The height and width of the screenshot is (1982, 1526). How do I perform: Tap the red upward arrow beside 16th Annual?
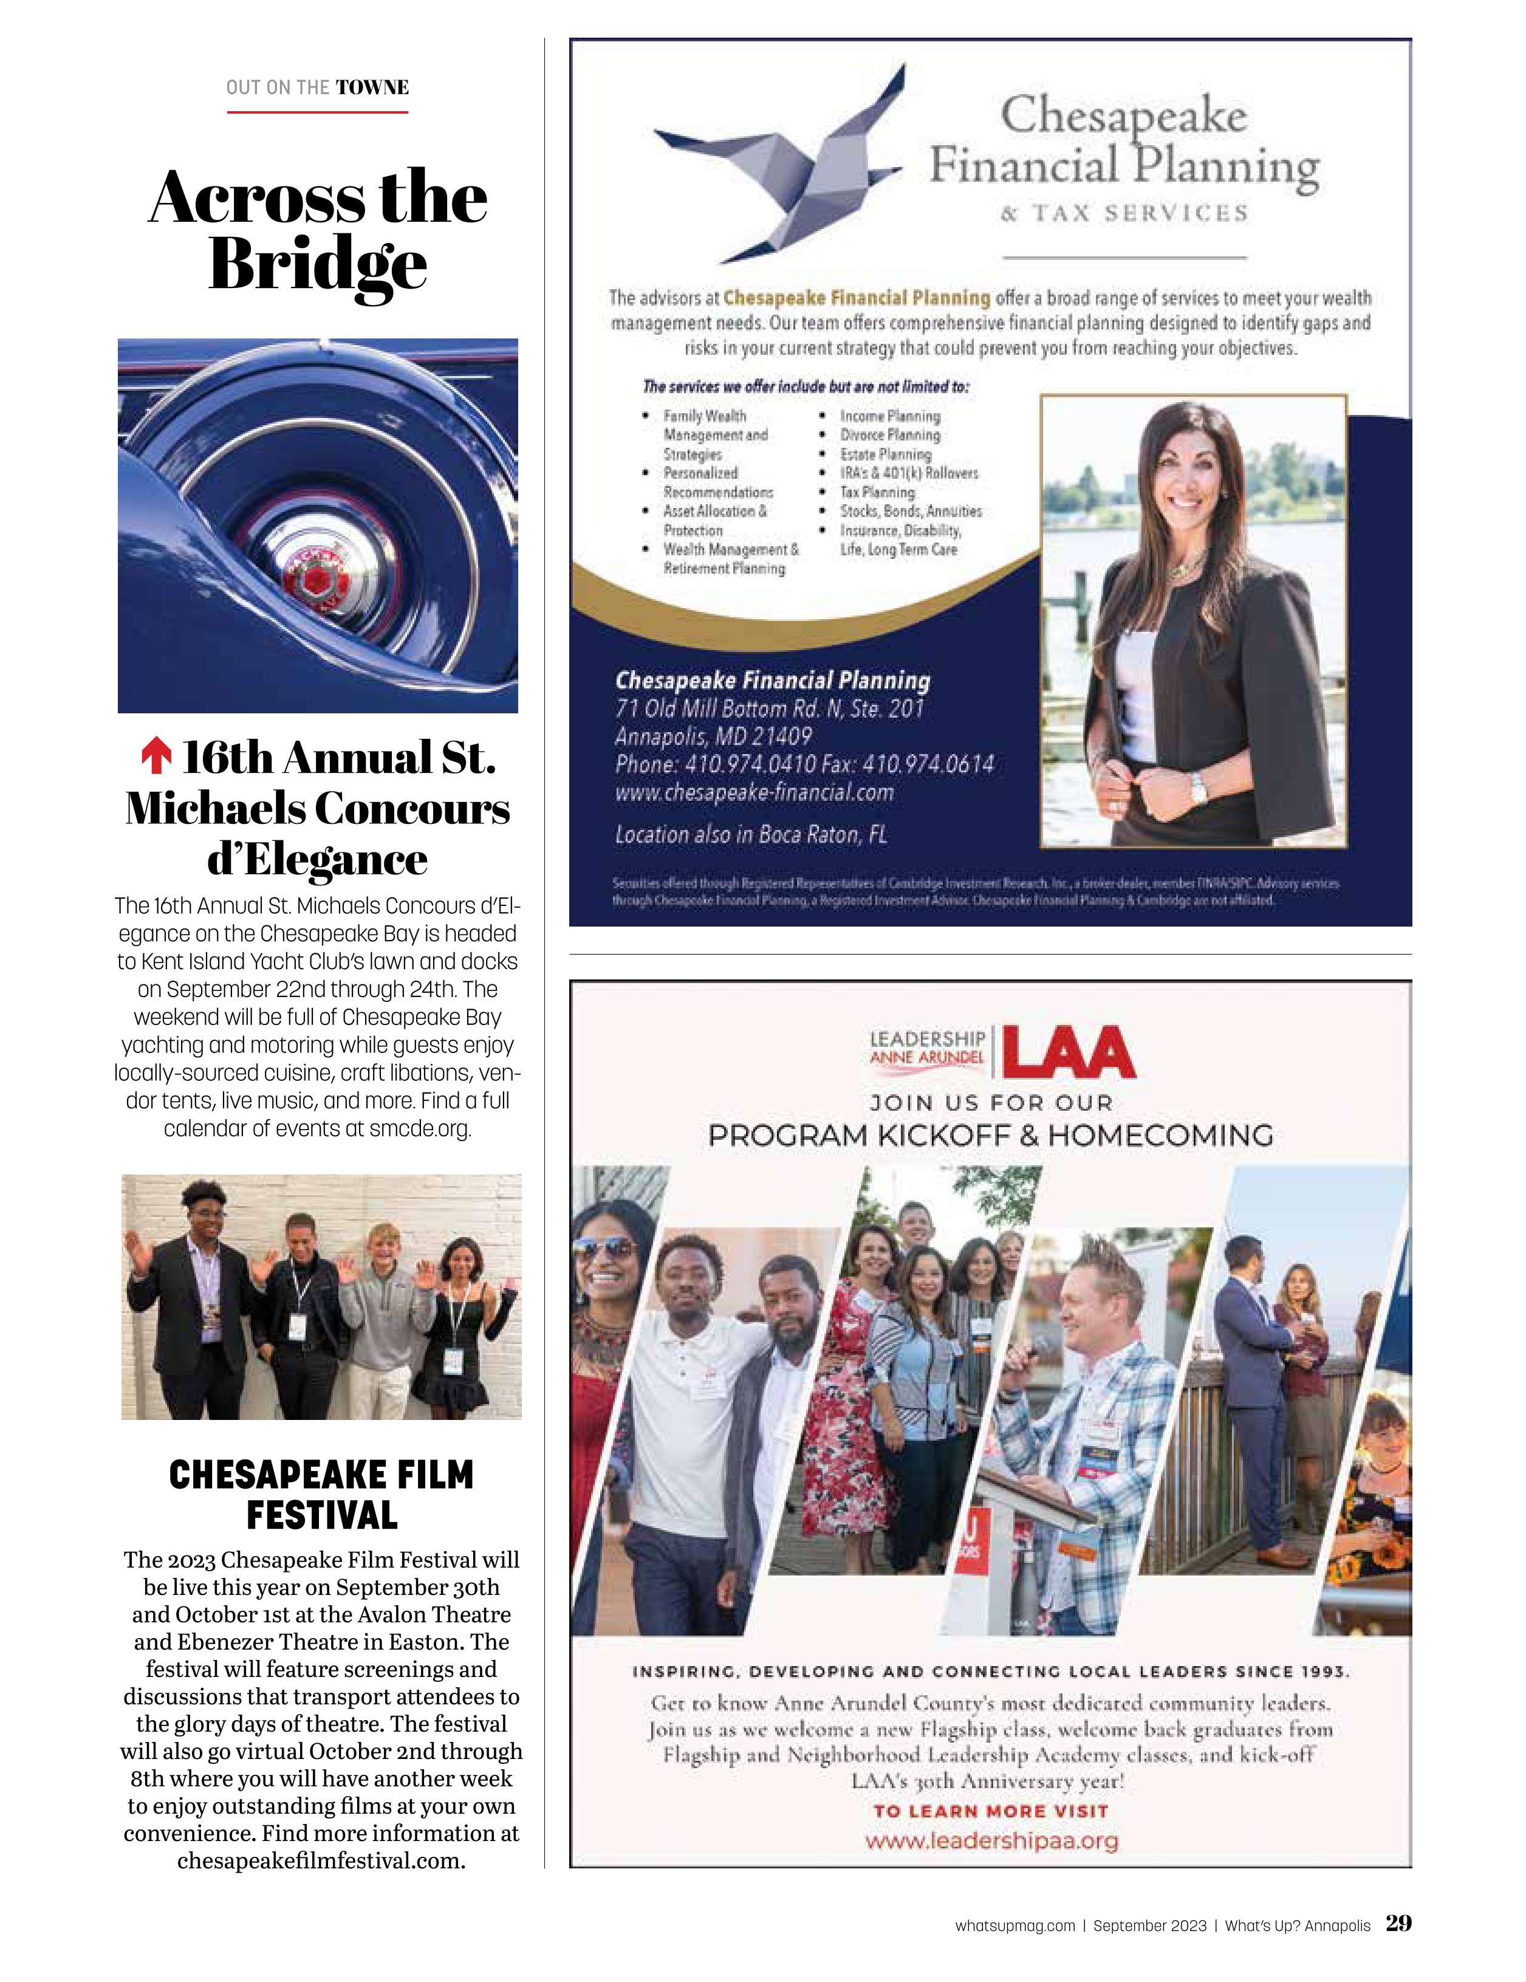[156, 756]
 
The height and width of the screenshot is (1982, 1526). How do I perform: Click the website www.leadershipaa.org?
[991, 1840]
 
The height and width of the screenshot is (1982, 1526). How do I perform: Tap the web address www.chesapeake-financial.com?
[754, 792]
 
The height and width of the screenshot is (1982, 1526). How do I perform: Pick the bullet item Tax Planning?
[877, 492]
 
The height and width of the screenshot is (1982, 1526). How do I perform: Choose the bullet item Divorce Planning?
[889, 434]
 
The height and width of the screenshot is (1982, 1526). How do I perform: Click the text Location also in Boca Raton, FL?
[750, 834]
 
